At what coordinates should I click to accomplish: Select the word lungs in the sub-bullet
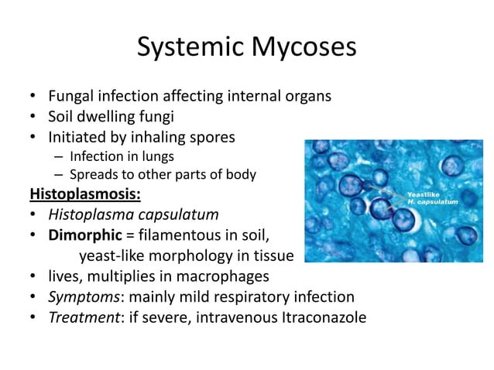166,156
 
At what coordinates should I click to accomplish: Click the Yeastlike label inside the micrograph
424,194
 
